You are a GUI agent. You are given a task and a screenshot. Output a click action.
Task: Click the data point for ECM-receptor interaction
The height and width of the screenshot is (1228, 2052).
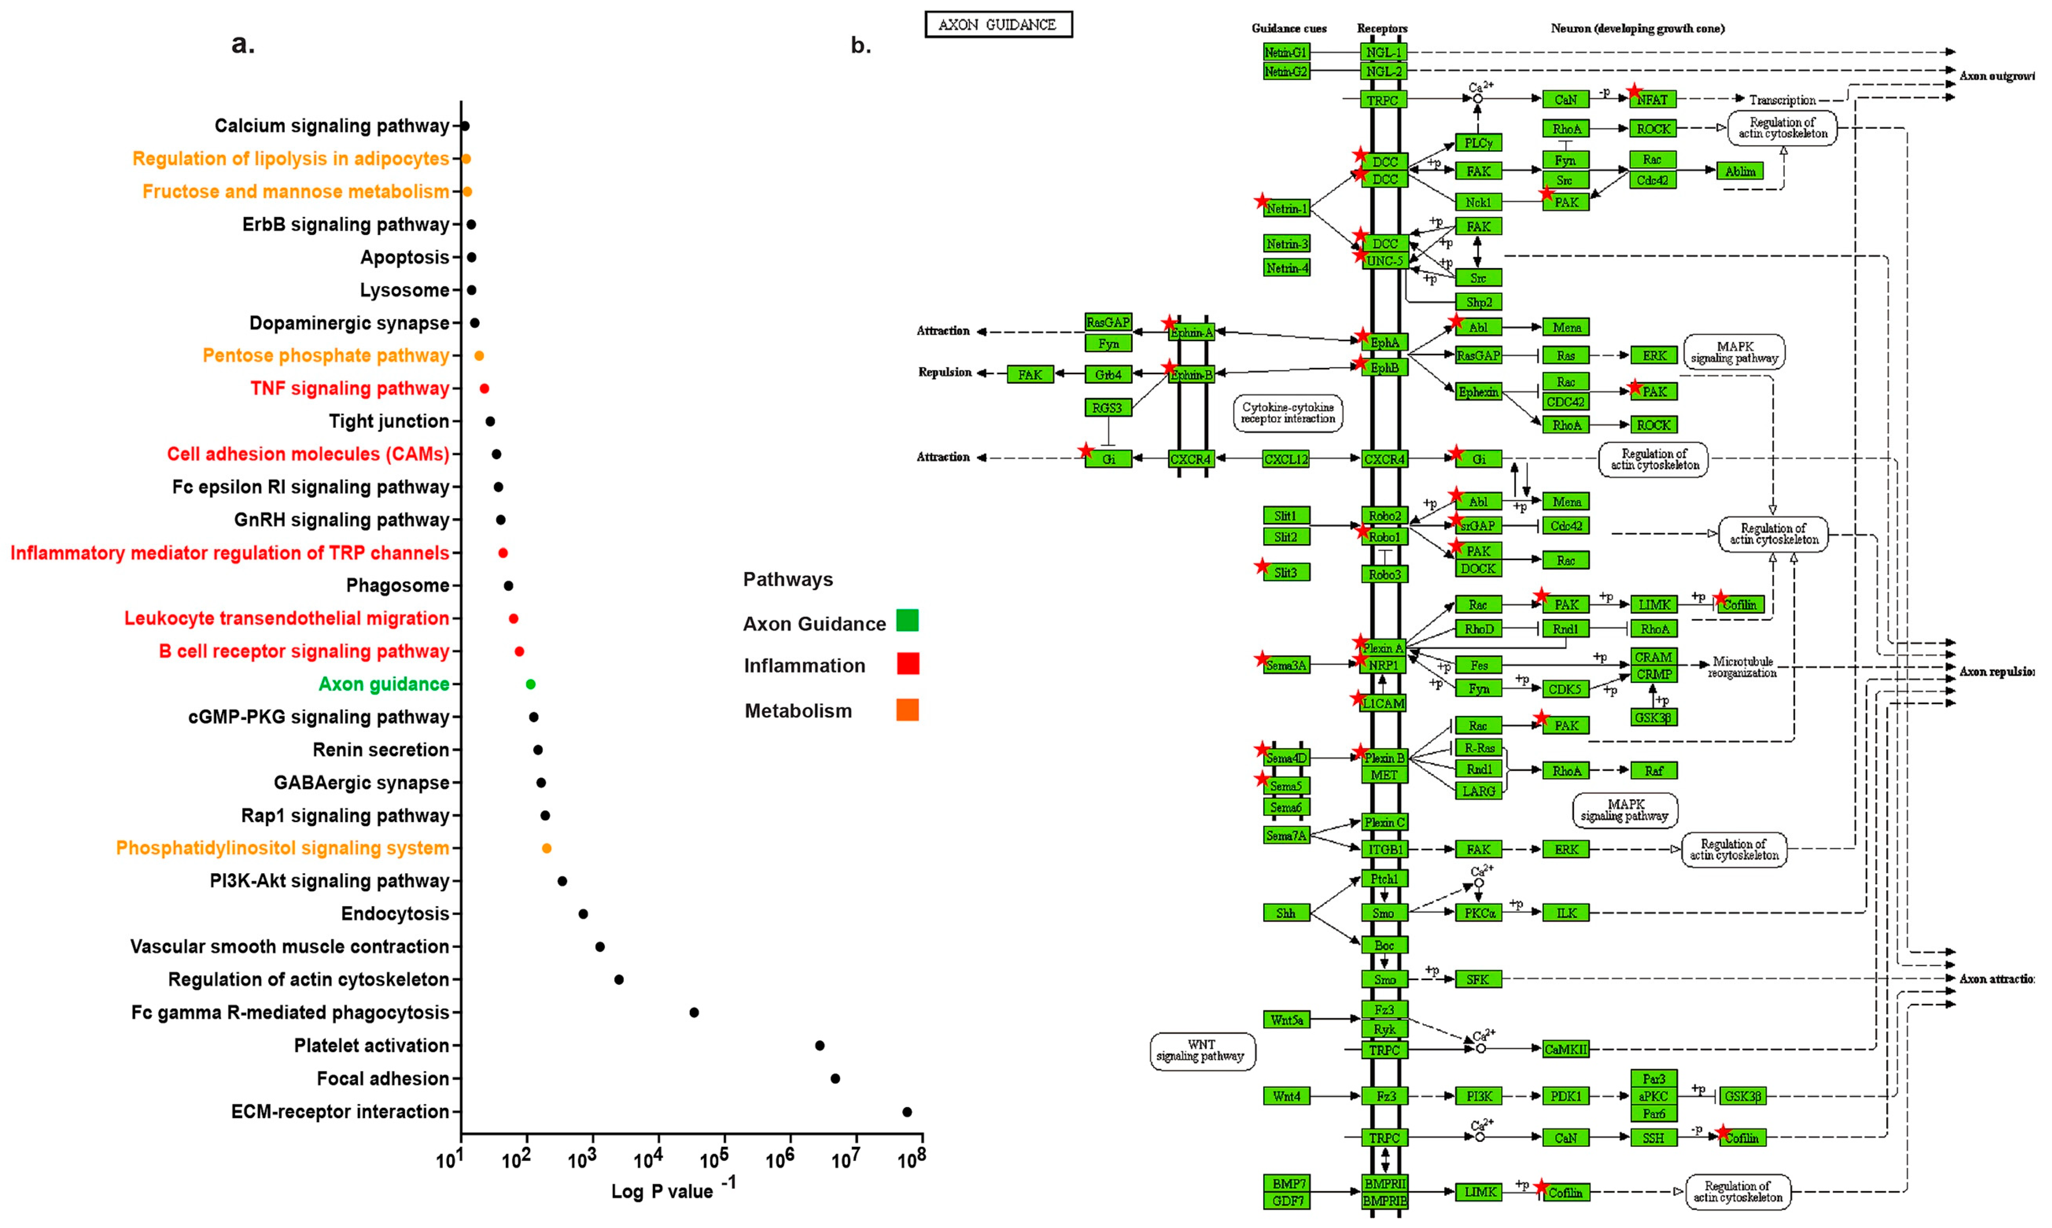coord(907,1111)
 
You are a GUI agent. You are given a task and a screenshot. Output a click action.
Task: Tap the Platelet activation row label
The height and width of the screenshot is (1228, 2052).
coord(371,1045)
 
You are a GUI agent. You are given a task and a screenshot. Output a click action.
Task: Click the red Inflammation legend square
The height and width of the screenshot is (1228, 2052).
coord(907,664)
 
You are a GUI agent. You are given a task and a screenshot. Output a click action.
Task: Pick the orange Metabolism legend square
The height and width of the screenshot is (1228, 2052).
coord(907,710)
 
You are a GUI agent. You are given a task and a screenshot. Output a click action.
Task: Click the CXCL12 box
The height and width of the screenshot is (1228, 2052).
coord(1286,459)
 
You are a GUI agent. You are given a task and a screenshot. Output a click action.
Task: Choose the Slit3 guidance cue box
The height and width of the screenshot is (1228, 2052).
coord(1286,573)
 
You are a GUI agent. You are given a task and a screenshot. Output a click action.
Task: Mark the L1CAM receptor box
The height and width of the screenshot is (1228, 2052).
coord(1384,703)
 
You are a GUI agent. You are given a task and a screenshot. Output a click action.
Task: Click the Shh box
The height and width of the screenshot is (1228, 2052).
coord(1286,913)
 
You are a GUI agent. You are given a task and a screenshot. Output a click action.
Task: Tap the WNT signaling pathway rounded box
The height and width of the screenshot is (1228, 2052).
coord(1202,1050)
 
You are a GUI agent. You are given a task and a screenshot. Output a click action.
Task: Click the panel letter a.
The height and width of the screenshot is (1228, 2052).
coord(242,44)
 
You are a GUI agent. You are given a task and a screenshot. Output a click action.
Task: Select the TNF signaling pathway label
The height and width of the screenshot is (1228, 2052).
coord(350,388)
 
